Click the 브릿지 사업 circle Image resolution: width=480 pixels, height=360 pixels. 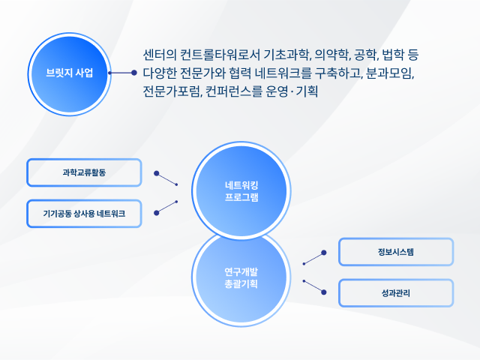click(70, 74)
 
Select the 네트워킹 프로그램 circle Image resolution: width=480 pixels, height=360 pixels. click(241, 191)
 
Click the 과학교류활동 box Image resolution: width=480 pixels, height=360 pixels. click(84, 172)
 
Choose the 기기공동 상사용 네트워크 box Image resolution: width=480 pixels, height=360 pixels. click(84, 213)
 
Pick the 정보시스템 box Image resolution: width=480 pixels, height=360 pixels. click(396, 252)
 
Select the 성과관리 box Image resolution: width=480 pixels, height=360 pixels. click(396, 293)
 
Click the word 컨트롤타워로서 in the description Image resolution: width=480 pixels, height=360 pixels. click(220, 55)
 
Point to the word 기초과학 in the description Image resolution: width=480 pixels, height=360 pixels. click(287, 55)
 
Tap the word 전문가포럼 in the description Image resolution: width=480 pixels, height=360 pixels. click(172, 91)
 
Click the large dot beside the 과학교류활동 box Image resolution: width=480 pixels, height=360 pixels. click(157, 173)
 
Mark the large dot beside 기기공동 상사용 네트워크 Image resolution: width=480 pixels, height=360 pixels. click(157, 213)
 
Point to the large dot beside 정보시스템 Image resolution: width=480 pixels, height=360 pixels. click(324, 253)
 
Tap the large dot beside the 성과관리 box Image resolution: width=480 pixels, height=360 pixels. click(324, 292)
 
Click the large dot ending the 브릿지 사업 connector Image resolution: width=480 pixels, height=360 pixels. click(133, 73)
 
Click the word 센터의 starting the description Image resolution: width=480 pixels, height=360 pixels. click(160, 55)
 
